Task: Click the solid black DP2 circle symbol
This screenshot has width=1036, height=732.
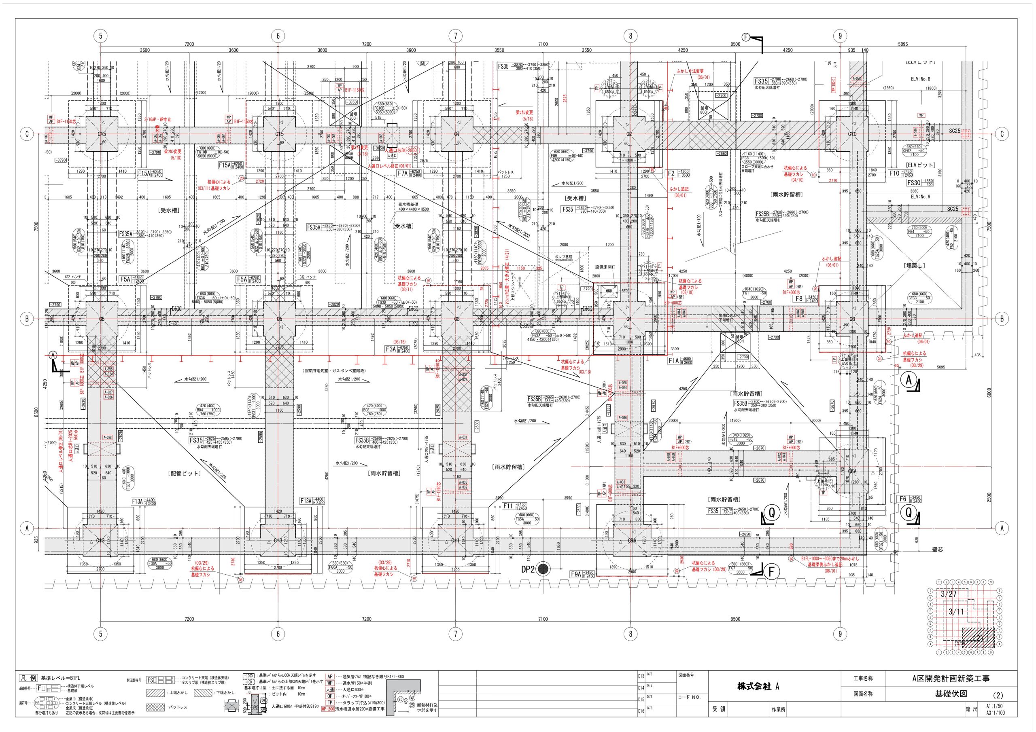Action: (x=544, y=569)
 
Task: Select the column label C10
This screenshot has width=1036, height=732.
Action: (x=852, y=134)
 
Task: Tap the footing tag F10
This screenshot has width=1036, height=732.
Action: (x=894, y=173)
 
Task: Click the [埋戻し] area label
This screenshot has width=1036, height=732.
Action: (x=915, y=266)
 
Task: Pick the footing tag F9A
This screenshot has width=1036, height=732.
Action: (x=576, y=575)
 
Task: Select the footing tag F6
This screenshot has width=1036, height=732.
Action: (x=903, y=499)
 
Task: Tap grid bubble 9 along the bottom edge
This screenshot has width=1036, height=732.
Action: (x=840, y=634)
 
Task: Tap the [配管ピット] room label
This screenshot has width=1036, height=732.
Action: (x=184, y=474)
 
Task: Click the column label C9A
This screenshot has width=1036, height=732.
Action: (x=632, y=541)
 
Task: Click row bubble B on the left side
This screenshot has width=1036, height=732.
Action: (x=27, y=319)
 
